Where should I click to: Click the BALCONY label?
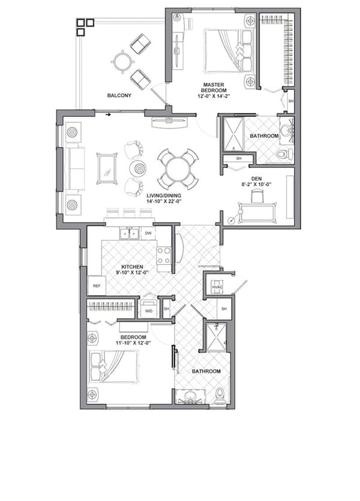click(119, 95)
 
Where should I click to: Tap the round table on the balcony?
click(122, 61)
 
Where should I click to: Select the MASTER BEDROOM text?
click(214, 89)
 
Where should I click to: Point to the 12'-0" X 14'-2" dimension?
click(214, 96)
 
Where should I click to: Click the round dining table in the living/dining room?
click(178, 169)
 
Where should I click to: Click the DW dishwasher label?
click(148, 233)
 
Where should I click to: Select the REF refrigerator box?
click(96, 286)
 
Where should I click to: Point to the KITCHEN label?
click(132, 266)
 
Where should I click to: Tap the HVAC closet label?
click(217, 289)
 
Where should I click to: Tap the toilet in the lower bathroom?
click(220, 395)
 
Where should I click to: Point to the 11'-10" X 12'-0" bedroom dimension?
click(133, 343)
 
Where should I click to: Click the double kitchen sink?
click(129, 234)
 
